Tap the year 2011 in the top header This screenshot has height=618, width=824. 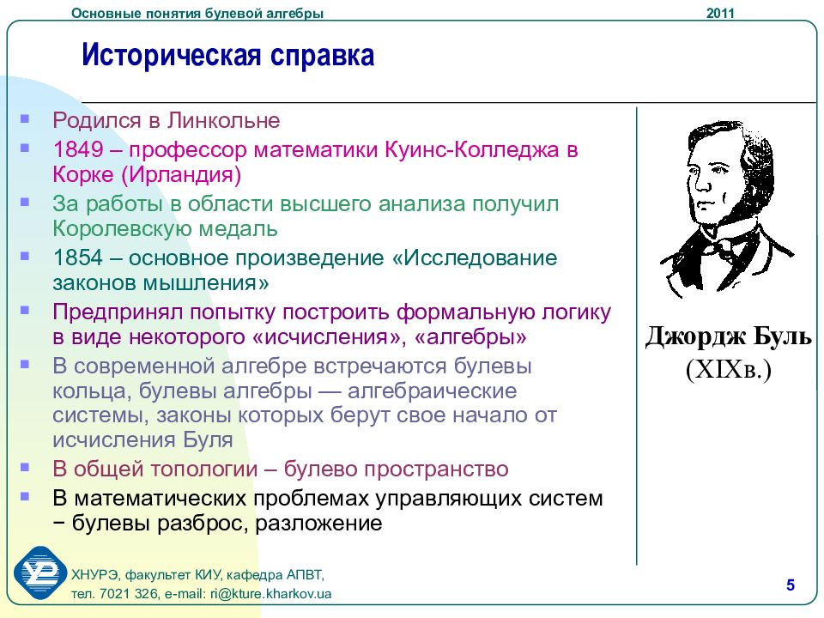pyautogui.click(x=721, y=12)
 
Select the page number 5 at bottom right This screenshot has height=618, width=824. pyautogui.click(x=790, y=585)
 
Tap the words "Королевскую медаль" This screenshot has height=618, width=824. pyautogui.click(x=165, y=228)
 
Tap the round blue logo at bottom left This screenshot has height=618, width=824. pyautogui.click(x=39, y=573)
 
